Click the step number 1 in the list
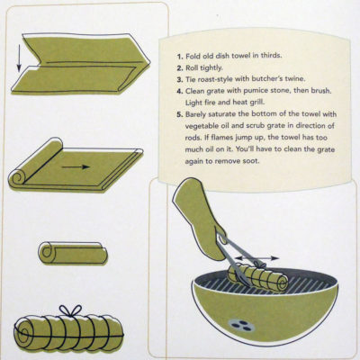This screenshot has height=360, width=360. pyautogui.click(x=180, y=57)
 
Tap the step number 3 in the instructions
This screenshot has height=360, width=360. pyautogui.click(x=180, y=80)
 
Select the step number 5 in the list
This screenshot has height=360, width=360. pyautogui.click(x=180, y=115)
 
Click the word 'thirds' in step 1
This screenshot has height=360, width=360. pyautogui.click(x=271, y=56)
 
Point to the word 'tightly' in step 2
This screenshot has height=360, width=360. pyautogui.click(x=211, y=67)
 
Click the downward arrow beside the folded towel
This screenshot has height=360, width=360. pyautogui.click(x=19, y=58)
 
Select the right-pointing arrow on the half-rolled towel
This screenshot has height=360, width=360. pyautogui.click(x=76, y=166)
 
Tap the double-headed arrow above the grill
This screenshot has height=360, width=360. pyautogui.click(x=256, y=257)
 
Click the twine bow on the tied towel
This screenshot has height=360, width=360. pyautogui.click(x=70, y=310)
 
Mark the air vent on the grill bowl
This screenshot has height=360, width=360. pyautogui.click(x=241, y=325)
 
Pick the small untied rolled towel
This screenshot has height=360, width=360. pyautogui.click(x=73, y=253)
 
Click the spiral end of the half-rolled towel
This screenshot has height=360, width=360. pyautogui.click(x=17, y=178)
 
